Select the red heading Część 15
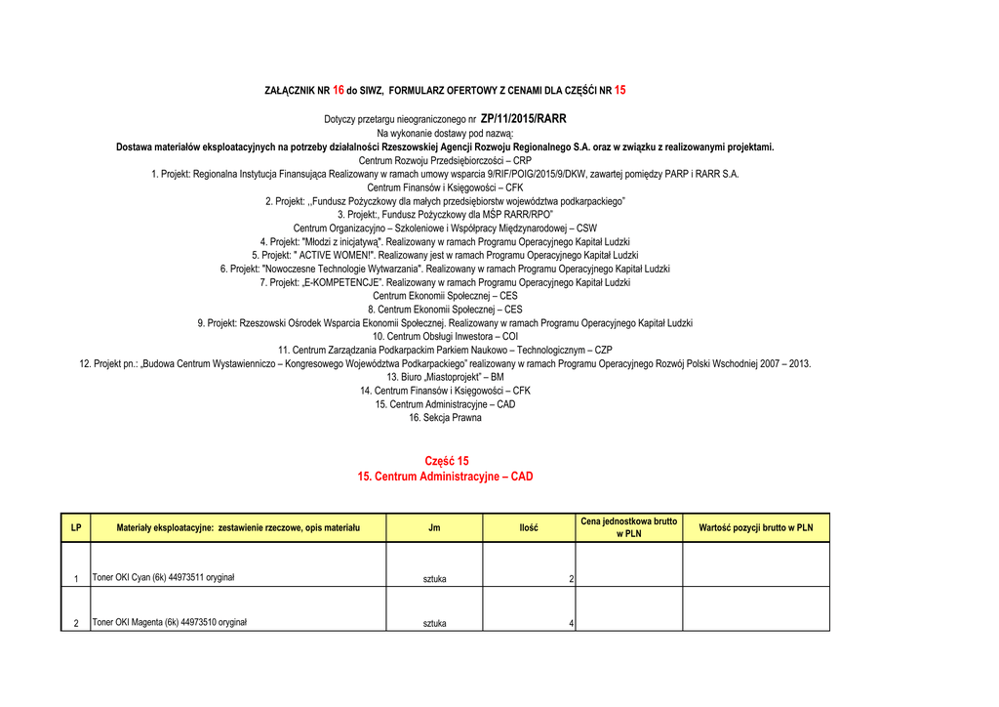447,461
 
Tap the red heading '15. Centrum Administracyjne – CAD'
446,477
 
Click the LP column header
75,528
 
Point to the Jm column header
434,528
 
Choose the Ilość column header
528,528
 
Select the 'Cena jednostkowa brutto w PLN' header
628,527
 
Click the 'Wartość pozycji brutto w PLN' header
755,528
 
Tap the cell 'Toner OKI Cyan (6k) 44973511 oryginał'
163,578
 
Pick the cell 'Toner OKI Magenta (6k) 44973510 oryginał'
169,623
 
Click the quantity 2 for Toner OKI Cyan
571,580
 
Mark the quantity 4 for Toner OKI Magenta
571,624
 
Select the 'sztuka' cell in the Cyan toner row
434,579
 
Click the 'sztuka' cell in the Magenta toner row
434,624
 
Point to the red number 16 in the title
339,90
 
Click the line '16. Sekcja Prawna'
445,418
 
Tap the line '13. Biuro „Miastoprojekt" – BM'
445,377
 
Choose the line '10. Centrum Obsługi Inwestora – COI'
445,336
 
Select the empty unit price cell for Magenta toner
628,609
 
